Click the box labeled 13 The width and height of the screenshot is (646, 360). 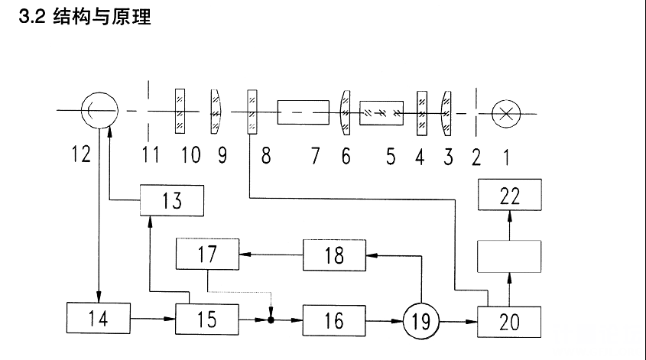click(x=171, y=199)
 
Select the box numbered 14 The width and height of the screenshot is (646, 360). click(x=98, y=317)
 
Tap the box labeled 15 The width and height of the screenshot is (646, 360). click(x=207, y=318)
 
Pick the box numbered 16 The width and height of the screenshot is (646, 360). click(x=333, y=318)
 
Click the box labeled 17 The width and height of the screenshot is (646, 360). click(x=207, y=254)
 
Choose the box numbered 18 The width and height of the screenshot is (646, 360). click(x=334, y=255)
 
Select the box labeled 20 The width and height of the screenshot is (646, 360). click(x=509, y=319)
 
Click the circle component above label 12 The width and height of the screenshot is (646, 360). click(x=99, y=112)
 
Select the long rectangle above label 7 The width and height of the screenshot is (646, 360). click(x=304, y=112)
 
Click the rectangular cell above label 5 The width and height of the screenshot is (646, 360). click(x=381, y=112)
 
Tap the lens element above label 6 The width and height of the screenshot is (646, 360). click(x=344, y=112)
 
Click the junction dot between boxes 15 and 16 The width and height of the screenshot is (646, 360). click(x=271, y=318)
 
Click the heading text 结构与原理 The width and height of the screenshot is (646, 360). click(x=102, y=17)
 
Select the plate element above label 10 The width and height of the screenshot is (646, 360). click(x=180, y=112)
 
